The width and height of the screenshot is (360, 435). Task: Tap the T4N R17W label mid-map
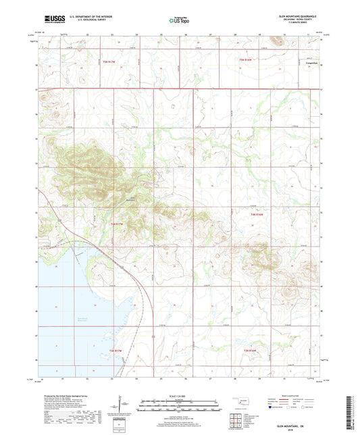[118, 224]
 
